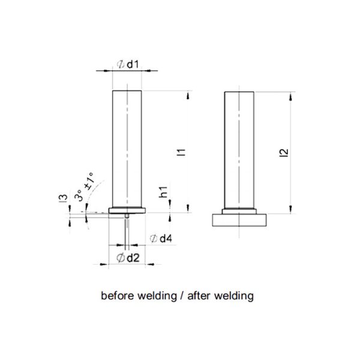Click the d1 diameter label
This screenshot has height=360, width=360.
point(133,63)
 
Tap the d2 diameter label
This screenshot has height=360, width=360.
point(133,259)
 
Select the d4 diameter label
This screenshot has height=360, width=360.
point(165,239)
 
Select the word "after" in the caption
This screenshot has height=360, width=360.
point(202,296)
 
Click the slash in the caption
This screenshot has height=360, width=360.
point(183,296)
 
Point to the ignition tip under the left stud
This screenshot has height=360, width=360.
point(128,214)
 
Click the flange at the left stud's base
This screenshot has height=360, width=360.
point(127,209)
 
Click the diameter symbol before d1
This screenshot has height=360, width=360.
point(119,63)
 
